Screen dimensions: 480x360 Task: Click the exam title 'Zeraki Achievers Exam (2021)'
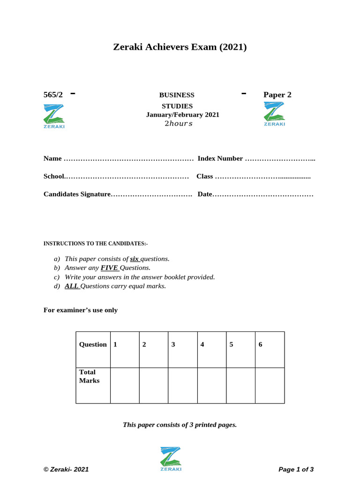click(180, 47)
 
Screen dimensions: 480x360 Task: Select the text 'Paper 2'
click(277, 95)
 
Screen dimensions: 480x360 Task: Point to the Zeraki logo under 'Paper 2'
click(274, 114)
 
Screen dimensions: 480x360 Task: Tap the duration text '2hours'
click(178, 124)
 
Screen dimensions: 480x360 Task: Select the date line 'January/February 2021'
click(182, 114)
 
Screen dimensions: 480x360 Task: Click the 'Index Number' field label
click(220, 158)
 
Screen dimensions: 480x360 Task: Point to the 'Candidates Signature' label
click(77, 194)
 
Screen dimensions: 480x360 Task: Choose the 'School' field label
click(54, 176)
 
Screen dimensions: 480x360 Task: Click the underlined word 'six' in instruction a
click(135, 259)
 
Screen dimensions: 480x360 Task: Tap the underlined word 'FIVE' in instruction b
click(109, 268)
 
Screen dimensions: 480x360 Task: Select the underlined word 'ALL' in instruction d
click(72, 286)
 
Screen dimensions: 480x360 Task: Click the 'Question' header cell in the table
click(93, 345)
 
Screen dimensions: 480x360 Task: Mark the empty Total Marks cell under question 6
click(270, 385)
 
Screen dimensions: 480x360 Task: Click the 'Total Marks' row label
click(89, 376)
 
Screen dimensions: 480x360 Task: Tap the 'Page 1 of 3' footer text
click(296, 469)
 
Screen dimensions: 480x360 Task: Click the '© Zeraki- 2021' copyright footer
click(66, 469)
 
